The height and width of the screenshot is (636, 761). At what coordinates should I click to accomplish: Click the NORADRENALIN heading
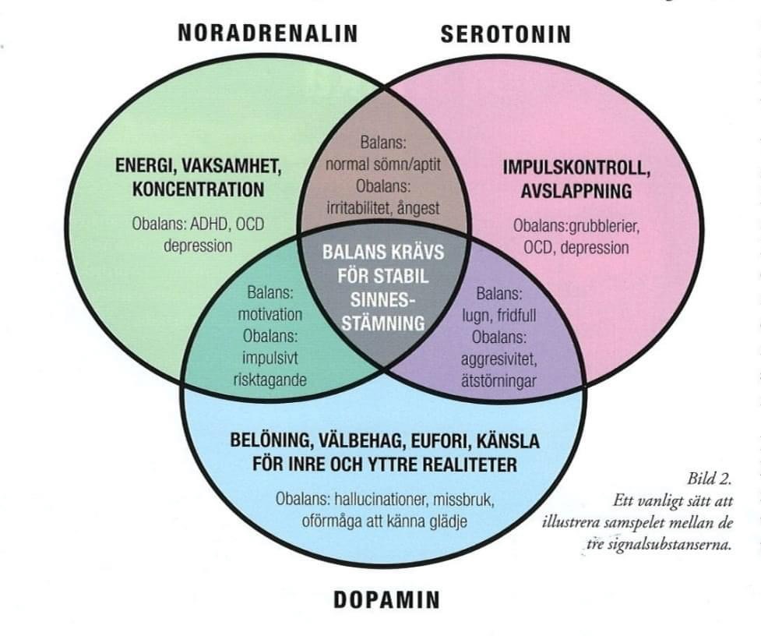click(x=267, y=33)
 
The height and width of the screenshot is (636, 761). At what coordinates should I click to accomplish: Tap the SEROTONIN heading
click(x=506, y=34)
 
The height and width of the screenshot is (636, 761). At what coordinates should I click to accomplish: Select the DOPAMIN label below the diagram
click(x=386, y=599)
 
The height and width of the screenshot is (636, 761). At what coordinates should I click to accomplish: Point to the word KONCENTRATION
click(x=198, y=189)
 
